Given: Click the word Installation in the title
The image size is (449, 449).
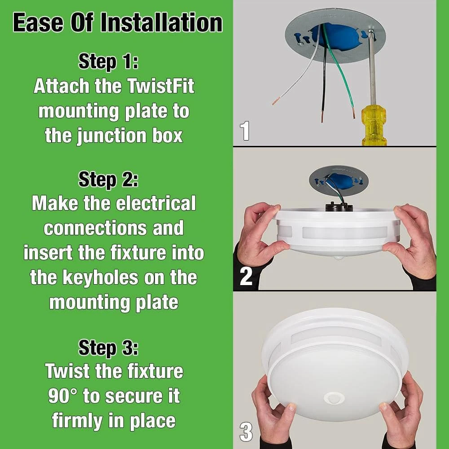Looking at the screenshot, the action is pyautogui.click(x=162, y=23).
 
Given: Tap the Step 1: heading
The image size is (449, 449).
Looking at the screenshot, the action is pyautogui.click(x=109, y=61).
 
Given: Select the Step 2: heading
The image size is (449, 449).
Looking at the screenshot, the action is pyautogui.click(x=109, y=180).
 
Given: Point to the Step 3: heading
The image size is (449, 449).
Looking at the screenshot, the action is pyautogui.click(x=109, y=348).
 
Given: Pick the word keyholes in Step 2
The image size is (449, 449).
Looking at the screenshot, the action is pyautogui.click(x=100, y=278).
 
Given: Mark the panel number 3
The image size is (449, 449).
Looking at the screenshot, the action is pyautogui.click(x=246, y=432).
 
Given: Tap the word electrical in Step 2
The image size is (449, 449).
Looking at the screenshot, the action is pyautogui.click(x=156, y=203).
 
